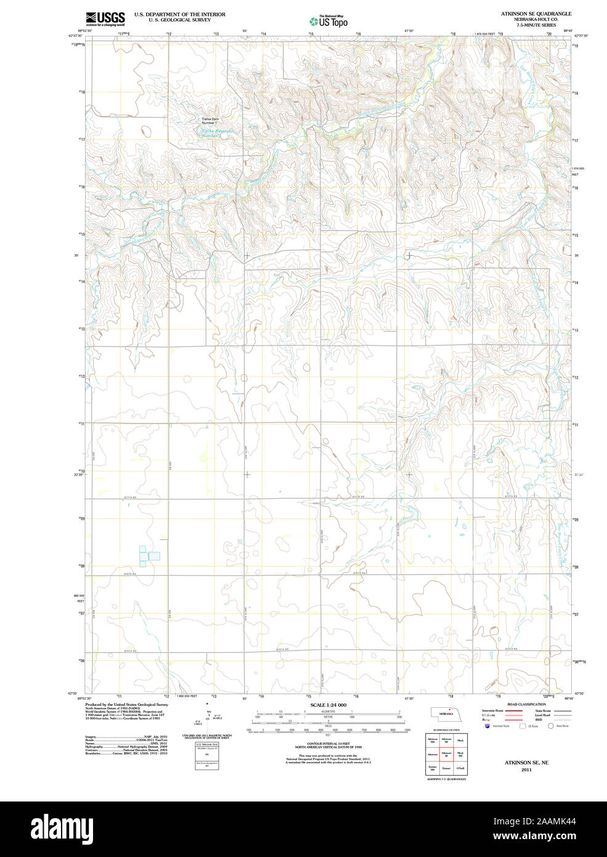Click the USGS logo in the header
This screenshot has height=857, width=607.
click(105, 18)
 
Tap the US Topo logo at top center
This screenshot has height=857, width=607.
click(329, 22)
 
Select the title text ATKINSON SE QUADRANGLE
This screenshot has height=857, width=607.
click(536, 14)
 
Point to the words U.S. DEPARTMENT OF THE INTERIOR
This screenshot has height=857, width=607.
click(179, 14)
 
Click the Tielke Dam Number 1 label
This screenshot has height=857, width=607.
click(210, 121)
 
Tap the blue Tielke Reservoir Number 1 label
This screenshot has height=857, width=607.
click(216, 133)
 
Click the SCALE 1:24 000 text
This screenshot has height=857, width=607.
click(328, 705)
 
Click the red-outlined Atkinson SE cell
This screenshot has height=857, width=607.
click(447, 754)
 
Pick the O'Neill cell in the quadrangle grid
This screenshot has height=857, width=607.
click(460, 768)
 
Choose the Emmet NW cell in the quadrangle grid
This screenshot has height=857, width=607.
click(433, 768)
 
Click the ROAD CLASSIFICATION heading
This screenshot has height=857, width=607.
click(526, 704)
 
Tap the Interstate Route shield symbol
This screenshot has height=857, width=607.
click(487, 726)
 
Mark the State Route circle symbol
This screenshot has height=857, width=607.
click(551, 726)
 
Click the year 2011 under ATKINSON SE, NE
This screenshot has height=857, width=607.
click(526, 769)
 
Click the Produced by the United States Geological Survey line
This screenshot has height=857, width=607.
click(126, 704)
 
